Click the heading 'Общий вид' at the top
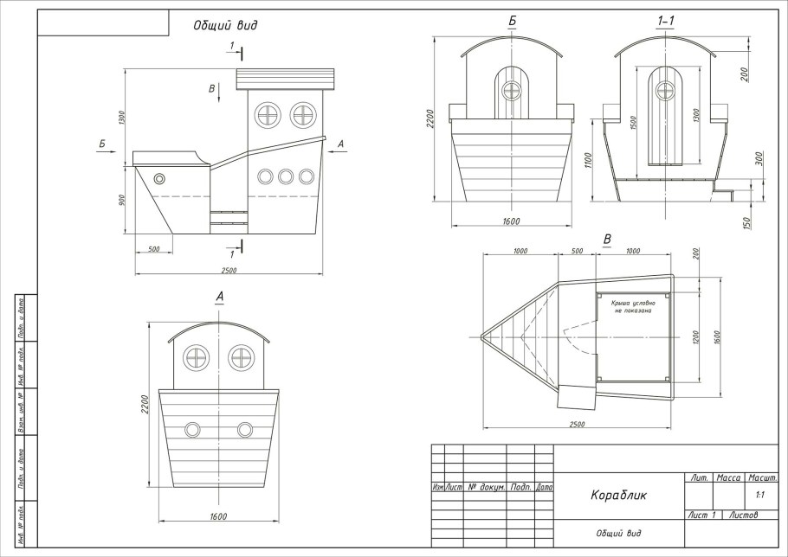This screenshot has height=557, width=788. (224, 25)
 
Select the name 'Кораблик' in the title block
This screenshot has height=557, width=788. (618, 496)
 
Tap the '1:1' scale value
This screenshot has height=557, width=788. (759, 496)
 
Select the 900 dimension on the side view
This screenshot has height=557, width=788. (123, 200)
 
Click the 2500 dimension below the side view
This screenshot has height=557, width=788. (229, 271)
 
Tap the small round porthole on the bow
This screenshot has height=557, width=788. (159, 179)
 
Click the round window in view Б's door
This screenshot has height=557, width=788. (512, 88)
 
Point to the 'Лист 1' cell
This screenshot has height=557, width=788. (701, 515)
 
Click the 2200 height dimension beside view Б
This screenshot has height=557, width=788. (430, 118)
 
